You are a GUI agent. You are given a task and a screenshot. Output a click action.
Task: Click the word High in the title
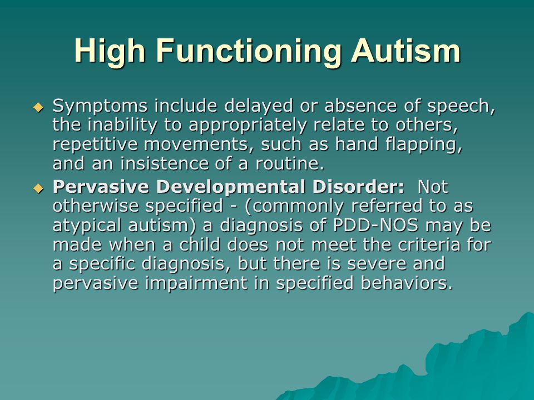coord(110,51)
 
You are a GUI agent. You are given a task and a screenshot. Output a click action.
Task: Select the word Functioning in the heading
coord(249,51)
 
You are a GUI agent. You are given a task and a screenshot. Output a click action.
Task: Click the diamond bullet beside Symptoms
coord(38,107)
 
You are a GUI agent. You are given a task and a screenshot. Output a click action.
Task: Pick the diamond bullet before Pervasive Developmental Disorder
coord(38,188)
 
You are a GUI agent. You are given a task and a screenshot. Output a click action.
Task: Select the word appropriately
coord(248,126)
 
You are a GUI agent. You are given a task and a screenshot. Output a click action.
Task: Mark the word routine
coord(289,164)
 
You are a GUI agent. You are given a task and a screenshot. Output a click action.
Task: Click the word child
coord(199,244)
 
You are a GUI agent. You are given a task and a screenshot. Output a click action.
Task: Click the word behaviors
coord(407,283)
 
